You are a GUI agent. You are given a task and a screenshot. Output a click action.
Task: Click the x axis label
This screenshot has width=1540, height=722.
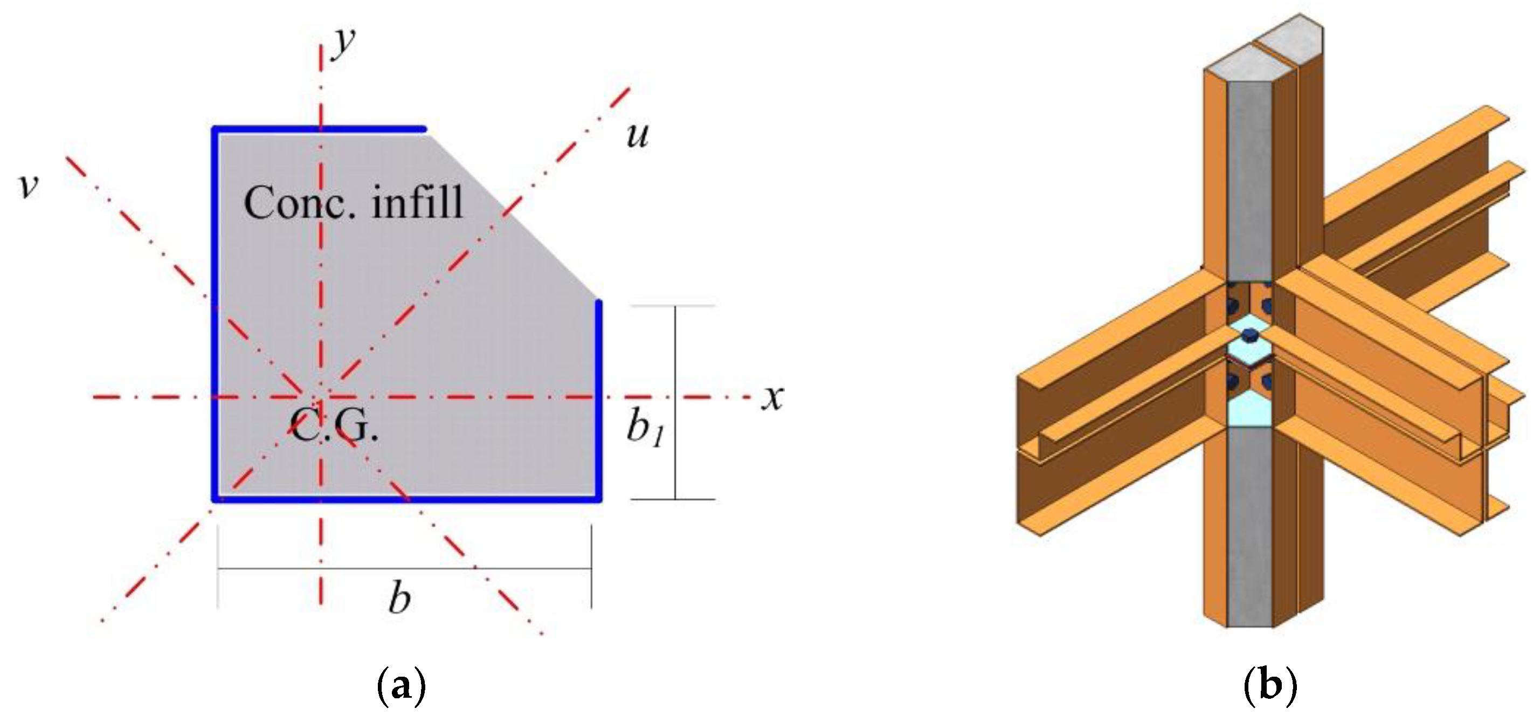coord(772,397)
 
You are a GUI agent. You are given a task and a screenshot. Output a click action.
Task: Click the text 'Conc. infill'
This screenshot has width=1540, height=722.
coord(353,202)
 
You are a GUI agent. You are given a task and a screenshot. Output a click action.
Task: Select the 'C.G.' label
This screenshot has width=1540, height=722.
coord(334,426)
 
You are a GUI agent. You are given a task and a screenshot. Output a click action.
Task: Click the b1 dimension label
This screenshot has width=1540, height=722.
coord(645,429)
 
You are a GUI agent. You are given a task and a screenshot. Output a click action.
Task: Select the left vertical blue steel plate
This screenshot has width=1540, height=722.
coord(215,314)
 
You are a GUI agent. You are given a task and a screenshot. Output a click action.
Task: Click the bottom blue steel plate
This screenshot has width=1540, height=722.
coord(406,498)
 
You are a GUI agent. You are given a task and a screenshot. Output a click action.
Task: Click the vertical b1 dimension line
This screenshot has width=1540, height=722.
coord(675,403)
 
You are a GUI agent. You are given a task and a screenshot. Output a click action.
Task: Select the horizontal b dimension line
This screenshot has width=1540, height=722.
coord(405,569)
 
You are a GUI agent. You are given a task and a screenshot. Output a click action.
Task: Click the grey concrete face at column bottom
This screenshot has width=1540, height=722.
coord(1249,526)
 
